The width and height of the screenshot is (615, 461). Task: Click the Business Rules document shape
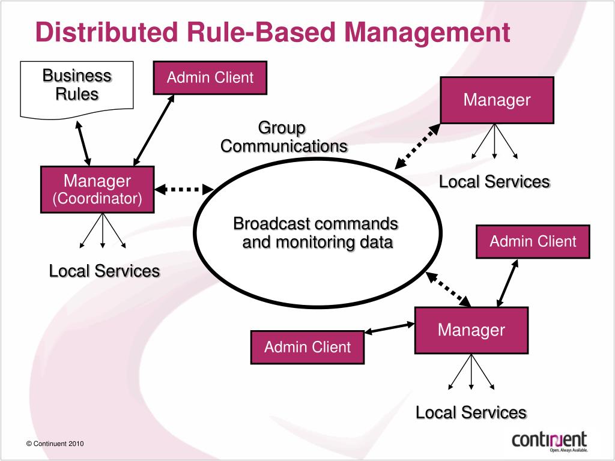coord(77,89)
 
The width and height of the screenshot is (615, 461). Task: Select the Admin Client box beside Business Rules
coord(210,77)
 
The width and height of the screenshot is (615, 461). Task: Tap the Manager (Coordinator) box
coord(97,190)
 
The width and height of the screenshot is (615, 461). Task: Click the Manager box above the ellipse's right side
coord(497,100)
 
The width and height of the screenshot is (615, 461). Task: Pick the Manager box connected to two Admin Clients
coord(471,331)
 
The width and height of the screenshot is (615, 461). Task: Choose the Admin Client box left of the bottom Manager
coord(307,348)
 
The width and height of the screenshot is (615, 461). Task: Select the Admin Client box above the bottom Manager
coord(533,241)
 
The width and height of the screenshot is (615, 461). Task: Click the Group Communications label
coord(284,137)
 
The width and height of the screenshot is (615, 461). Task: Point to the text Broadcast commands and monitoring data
coord(316,233)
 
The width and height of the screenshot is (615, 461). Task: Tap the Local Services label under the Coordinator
coord(105,271)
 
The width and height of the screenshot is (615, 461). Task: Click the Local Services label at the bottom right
coord(471,413)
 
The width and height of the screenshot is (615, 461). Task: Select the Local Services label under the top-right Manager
coord(495,182)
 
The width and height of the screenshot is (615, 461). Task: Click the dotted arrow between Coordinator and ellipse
coord(184,189)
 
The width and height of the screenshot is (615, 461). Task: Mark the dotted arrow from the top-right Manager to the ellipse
coord(417,146)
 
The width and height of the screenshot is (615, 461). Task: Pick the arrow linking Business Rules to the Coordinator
coord(83,143)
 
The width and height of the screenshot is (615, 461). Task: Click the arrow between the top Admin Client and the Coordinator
coord(154,130)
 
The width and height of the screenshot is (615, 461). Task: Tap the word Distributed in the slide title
coord(107,32)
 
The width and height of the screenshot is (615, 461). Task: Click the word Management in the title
coord(427,33)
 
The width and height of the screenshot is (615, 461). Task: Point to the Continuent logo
coord(550,442)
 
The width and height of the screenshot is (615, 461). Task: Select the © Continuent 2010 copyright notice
coord(55,444)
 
